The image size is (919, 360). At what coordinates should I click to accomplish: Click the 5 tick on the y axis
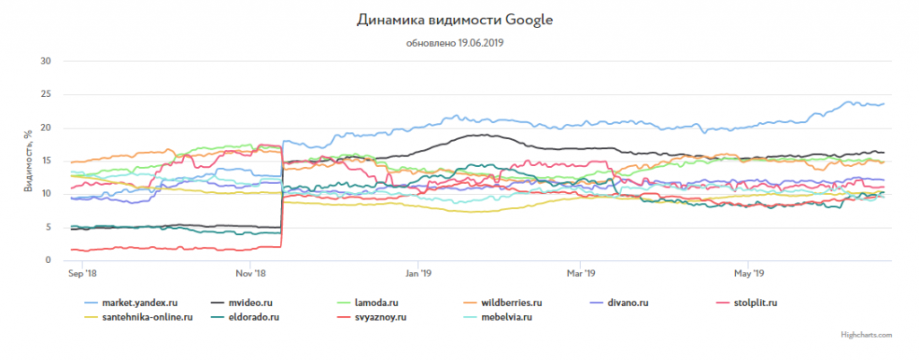click(x=49, y=227)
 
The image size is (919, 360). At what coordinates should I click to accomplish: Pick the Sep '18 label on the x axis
click(x=83, y=273)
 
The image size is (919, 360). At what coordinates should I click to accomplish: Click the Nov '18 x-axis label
click(x=250, y=273)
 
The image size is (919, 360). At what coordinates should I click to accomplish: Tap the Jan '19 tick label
click(x=420, y=273)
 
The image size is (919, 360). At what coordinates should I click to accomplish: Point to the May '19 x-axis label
click(x=748, y=273)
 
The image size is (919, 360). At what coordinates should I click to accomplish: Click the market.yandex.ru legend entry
click(x=134, y=303)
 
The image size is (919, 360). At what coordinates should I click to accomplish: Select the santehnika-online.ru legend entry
click(x=145, y=317)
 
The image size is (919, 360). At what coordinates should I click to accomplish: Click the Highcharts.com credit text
click(x=867, y=334)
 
